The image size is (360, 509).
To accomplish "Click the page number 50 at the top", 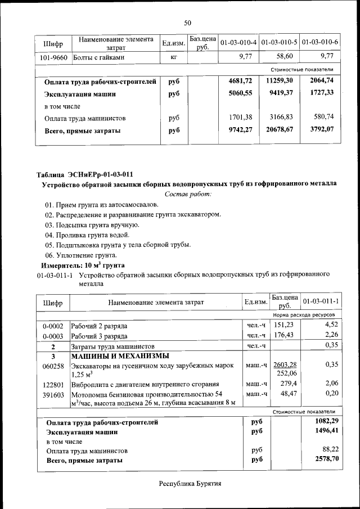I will click(x=188, y=22).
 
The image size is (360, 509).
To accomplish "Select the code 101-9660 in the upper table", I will click(x=54, y=57).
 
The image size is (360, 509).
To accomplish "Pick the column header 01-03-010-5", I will click(x=280, y=43).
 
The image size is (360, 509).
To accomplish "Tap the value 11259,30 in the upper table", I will click(x=279, y=82).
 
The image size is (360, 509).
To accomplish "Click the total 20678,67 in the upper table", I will click(x=279, y=131).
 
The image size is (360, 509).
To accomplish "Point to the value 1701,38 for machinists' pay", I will click(x=240, y=119).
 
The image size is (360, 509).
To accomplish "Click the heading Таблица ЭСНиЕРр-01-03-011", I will click(x=85, y=174).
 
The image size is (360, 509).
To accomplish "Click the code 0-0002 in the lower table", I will click(x=53, y=326).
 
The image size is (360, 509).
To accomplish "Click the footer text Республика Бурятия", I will click(x=190, y=484).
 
